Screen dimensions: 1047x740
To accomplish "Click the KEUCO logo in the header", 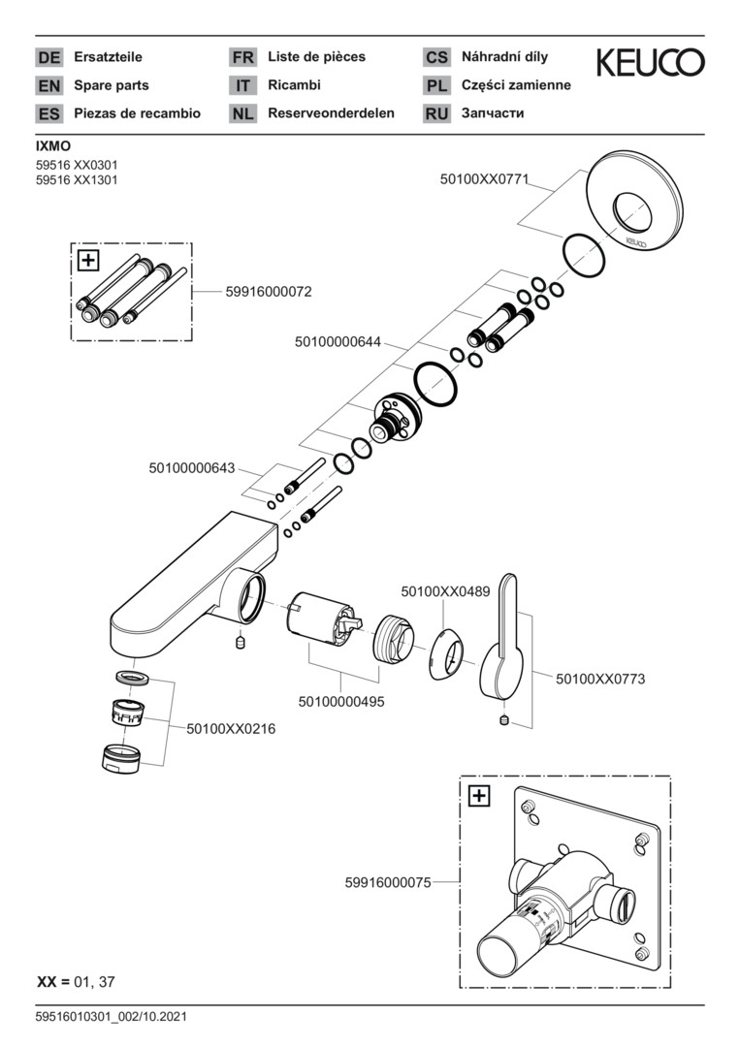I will coord(650,63).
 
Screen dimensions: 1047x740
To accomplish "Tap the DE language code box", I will coord(48,57).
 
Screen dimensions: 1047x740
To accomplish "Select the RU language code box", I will coord(436,113).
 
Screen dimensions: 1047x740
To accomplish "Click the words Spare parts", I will coord(112,85).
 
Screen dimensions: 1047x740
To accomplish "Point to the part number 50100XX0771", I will coord(485,178).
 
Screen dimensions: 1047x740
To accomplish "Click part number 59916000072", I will coord(268,291).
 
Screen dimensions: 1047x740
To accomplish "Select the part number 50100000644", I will coord(338,342).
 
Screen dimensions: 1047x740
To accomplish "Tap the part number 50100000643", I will coord(192,467).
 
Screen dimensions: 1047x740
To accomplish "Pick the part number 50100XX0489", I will coord(445,589).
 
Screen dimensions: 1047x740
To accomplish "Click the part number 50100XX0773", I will coord(599,680).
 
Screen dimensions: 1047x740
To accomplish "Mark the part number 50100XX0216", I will coord(231,728).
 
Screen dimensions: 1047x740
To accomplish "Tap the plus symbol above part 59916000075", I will coord(479,797).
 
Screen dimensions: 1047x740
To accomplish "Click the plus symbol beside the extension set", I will coord(88,260).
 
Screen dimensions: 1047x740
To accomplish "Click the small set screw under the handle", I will coord(503,719).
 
